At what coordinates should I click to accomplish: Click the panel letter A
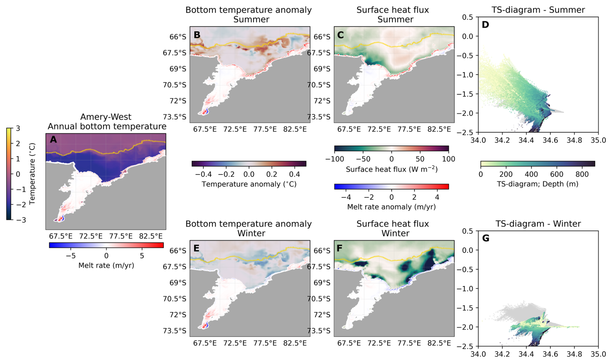(53, 139)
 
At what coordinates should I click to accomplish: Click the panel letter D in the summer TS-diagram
(485, 25)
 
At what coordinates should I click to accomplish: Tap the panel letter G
(486, 238)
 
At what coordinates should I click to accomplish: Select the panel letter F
(340, 248)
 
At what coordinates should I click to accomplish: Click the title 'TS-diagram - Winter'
(538, 224)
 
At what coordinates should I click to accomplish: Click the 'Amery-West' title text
(106, 117)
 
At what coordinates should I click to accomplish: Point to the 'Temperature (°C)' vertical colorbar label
(32, 174)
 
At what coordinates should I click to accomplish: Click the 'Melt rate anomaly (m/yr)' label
(391, 206)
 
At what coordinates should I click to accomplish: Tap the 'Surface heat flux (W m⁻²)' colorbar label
(391, 169)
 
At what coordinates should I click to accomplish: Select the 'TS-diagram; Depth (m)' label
(537, 184)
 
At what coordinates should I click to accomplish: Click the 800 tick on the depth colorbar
(582, 174)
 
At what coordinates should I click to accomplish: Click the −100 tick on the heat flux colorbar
(334, 159)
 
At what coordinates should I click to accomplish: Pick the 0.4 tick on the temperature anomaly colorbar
(294, 174)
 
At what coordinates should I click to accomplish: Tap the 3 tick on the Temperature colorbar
(18, 128)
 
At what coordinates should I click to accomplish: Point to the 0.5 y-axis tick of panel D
(467, 17)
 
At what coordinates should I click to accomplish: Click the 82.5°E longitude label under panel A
(151, 236)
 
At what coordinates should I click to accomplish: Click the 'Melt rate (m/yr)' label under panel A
(106, 265)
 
